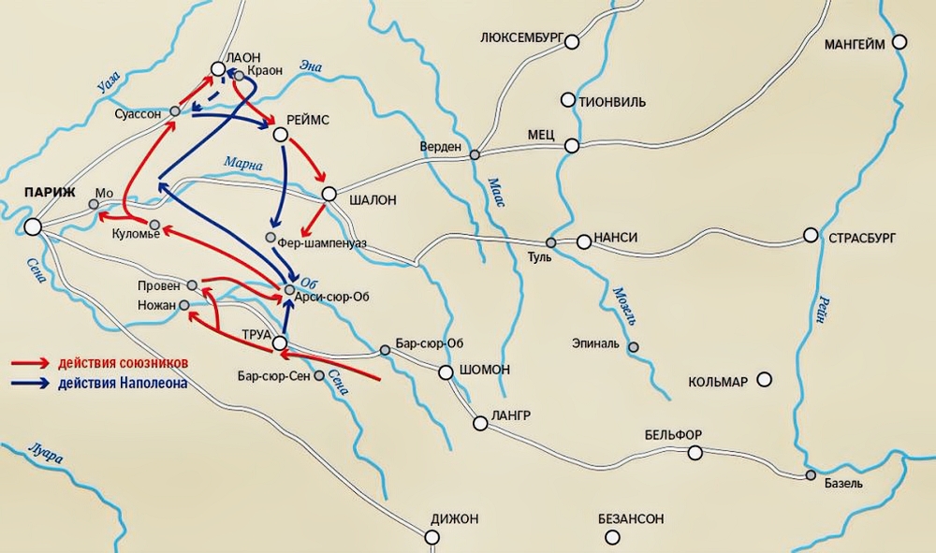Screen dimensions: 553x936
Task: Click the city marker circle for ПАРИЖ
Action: [33, 226]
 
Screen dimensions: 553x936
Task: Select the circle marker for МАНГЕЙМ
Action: [899, 42]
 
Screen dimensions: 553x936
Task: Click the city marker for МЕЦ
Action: [572, 146]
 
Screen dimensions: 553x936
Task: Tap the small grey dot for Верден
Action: [475, 154]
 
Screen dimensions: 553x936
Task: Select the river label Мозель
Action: [624, 304]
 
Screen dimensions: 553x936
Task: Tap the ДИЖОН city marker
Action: [431, 536]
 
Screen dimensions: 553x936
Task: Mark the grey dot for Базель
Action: [811, 475]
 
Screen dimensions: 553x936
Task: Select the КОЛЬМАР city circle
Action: [765, 379]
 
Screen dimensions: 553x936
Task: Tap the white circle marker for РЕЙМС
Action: [280, 135]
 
